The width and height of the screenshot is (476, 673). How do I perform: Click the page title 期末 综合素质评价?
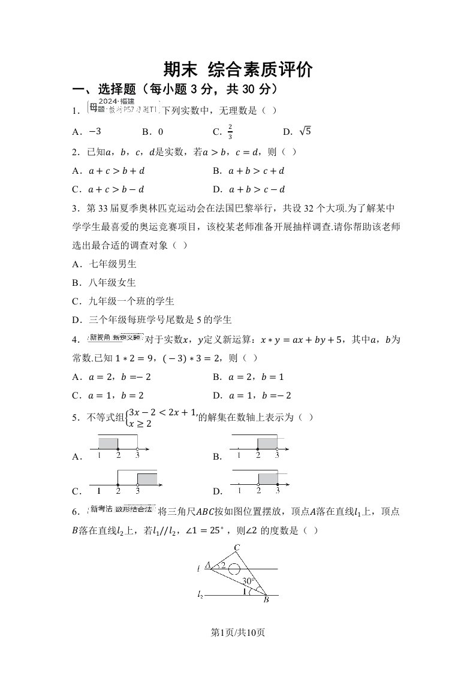coord(238,70)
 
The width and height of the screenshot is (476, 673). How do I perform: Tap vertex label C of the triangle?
coord(237,547)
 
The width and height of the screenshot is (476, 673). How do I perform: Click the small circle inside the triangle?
coord(236,569)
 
